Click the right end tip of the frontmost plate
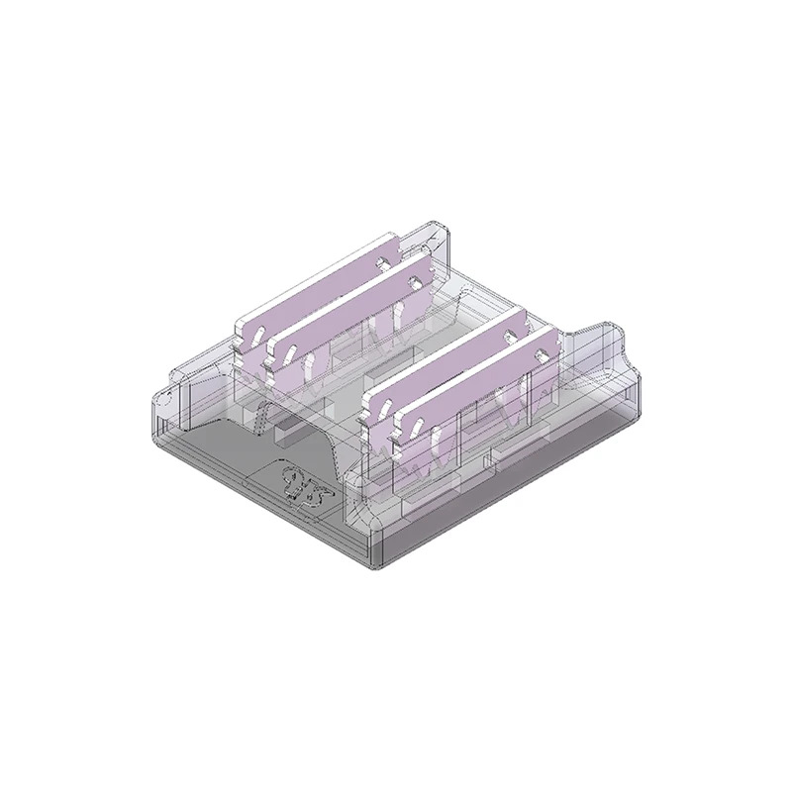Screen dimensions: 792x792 556,342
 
